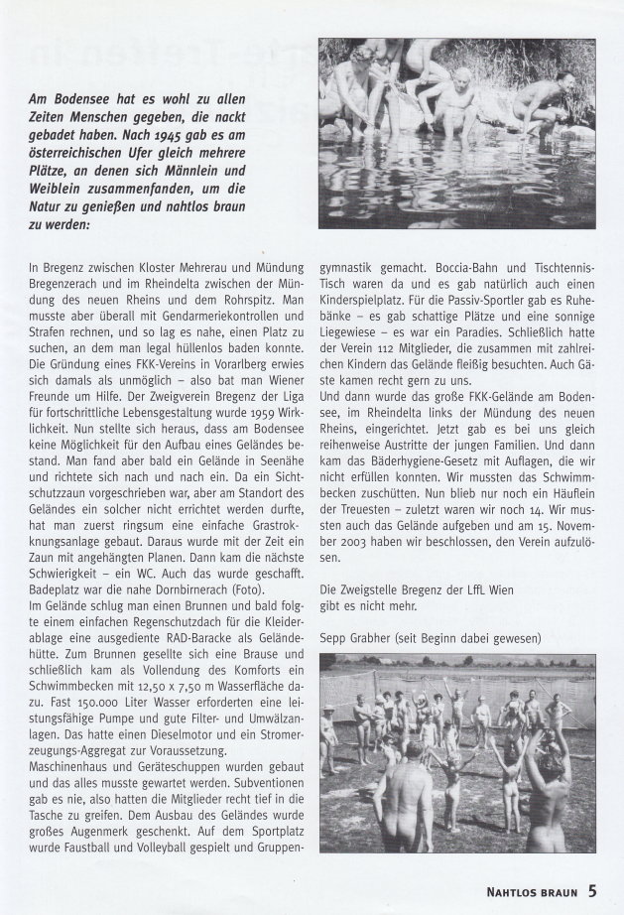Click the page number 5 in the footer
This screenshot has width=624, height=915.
[x=592, y=890]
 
